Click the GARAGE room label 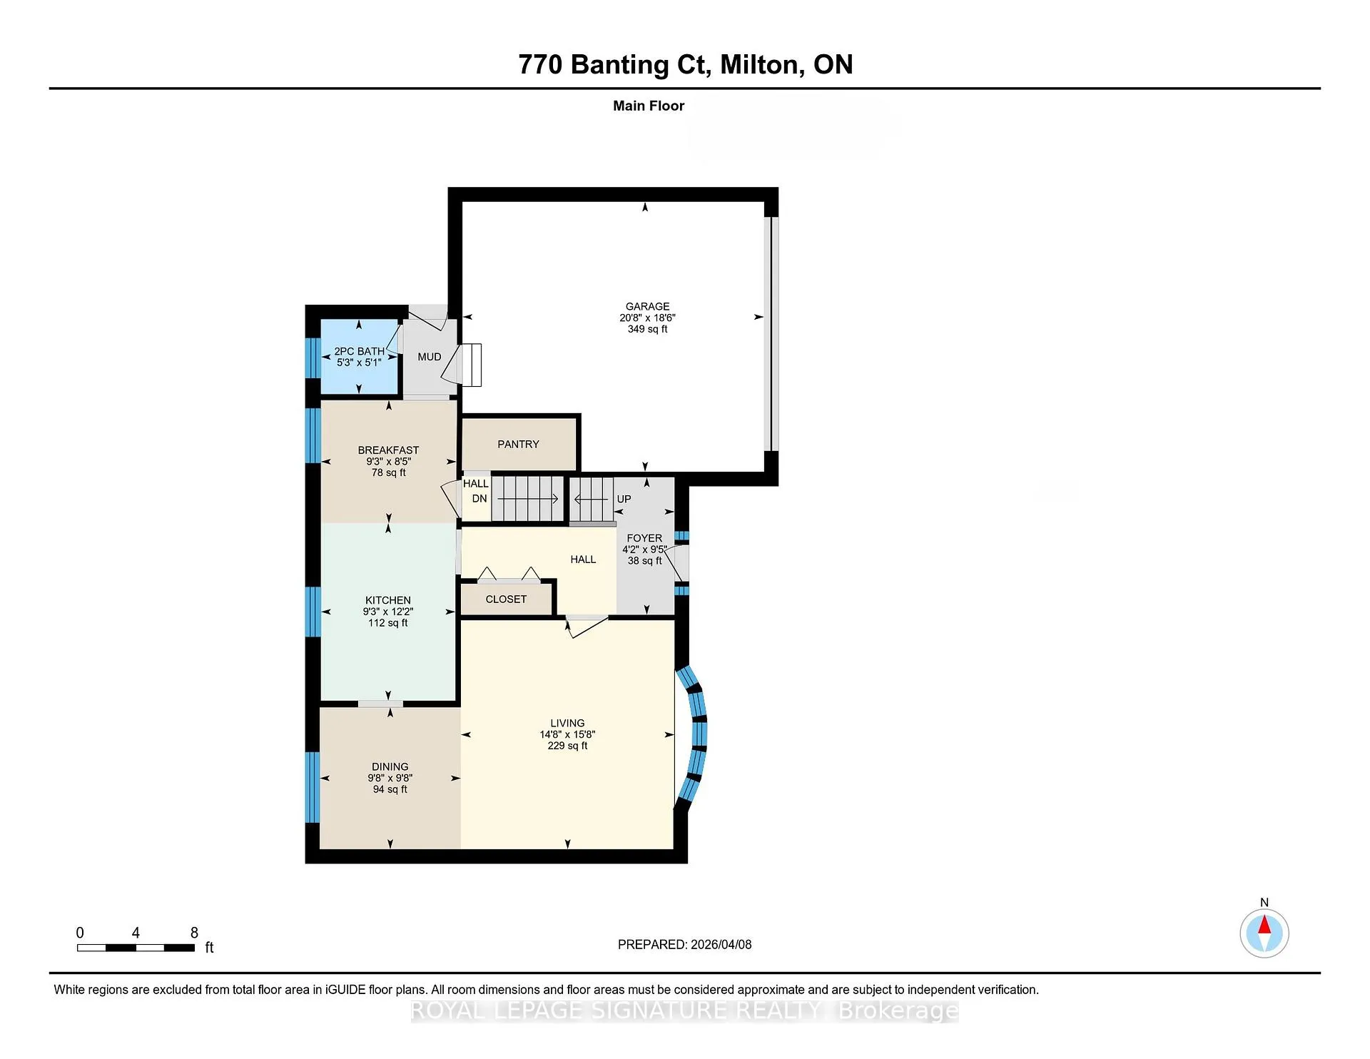(647, 306)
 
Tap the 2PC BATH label (359, 351)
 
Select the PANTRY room (519, 444)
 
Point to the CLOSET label (506, 599)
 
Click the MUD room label (430, 357)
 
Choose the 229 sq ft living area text (567, 746)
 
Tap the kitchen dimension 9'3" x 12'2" (388, 612)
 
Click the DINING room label (390, 766)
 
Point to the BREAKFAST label (388, 450)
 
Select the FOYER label (644, 538)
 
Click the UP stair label (624, 499)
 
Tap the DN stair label (479, 499)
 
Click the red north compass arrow (1264, 925)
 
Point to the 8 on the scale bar (194, 933)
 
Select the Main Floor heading (649, 106)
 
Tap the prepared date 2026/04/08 (721, 944)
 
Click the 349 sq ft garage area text (647, 329)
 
